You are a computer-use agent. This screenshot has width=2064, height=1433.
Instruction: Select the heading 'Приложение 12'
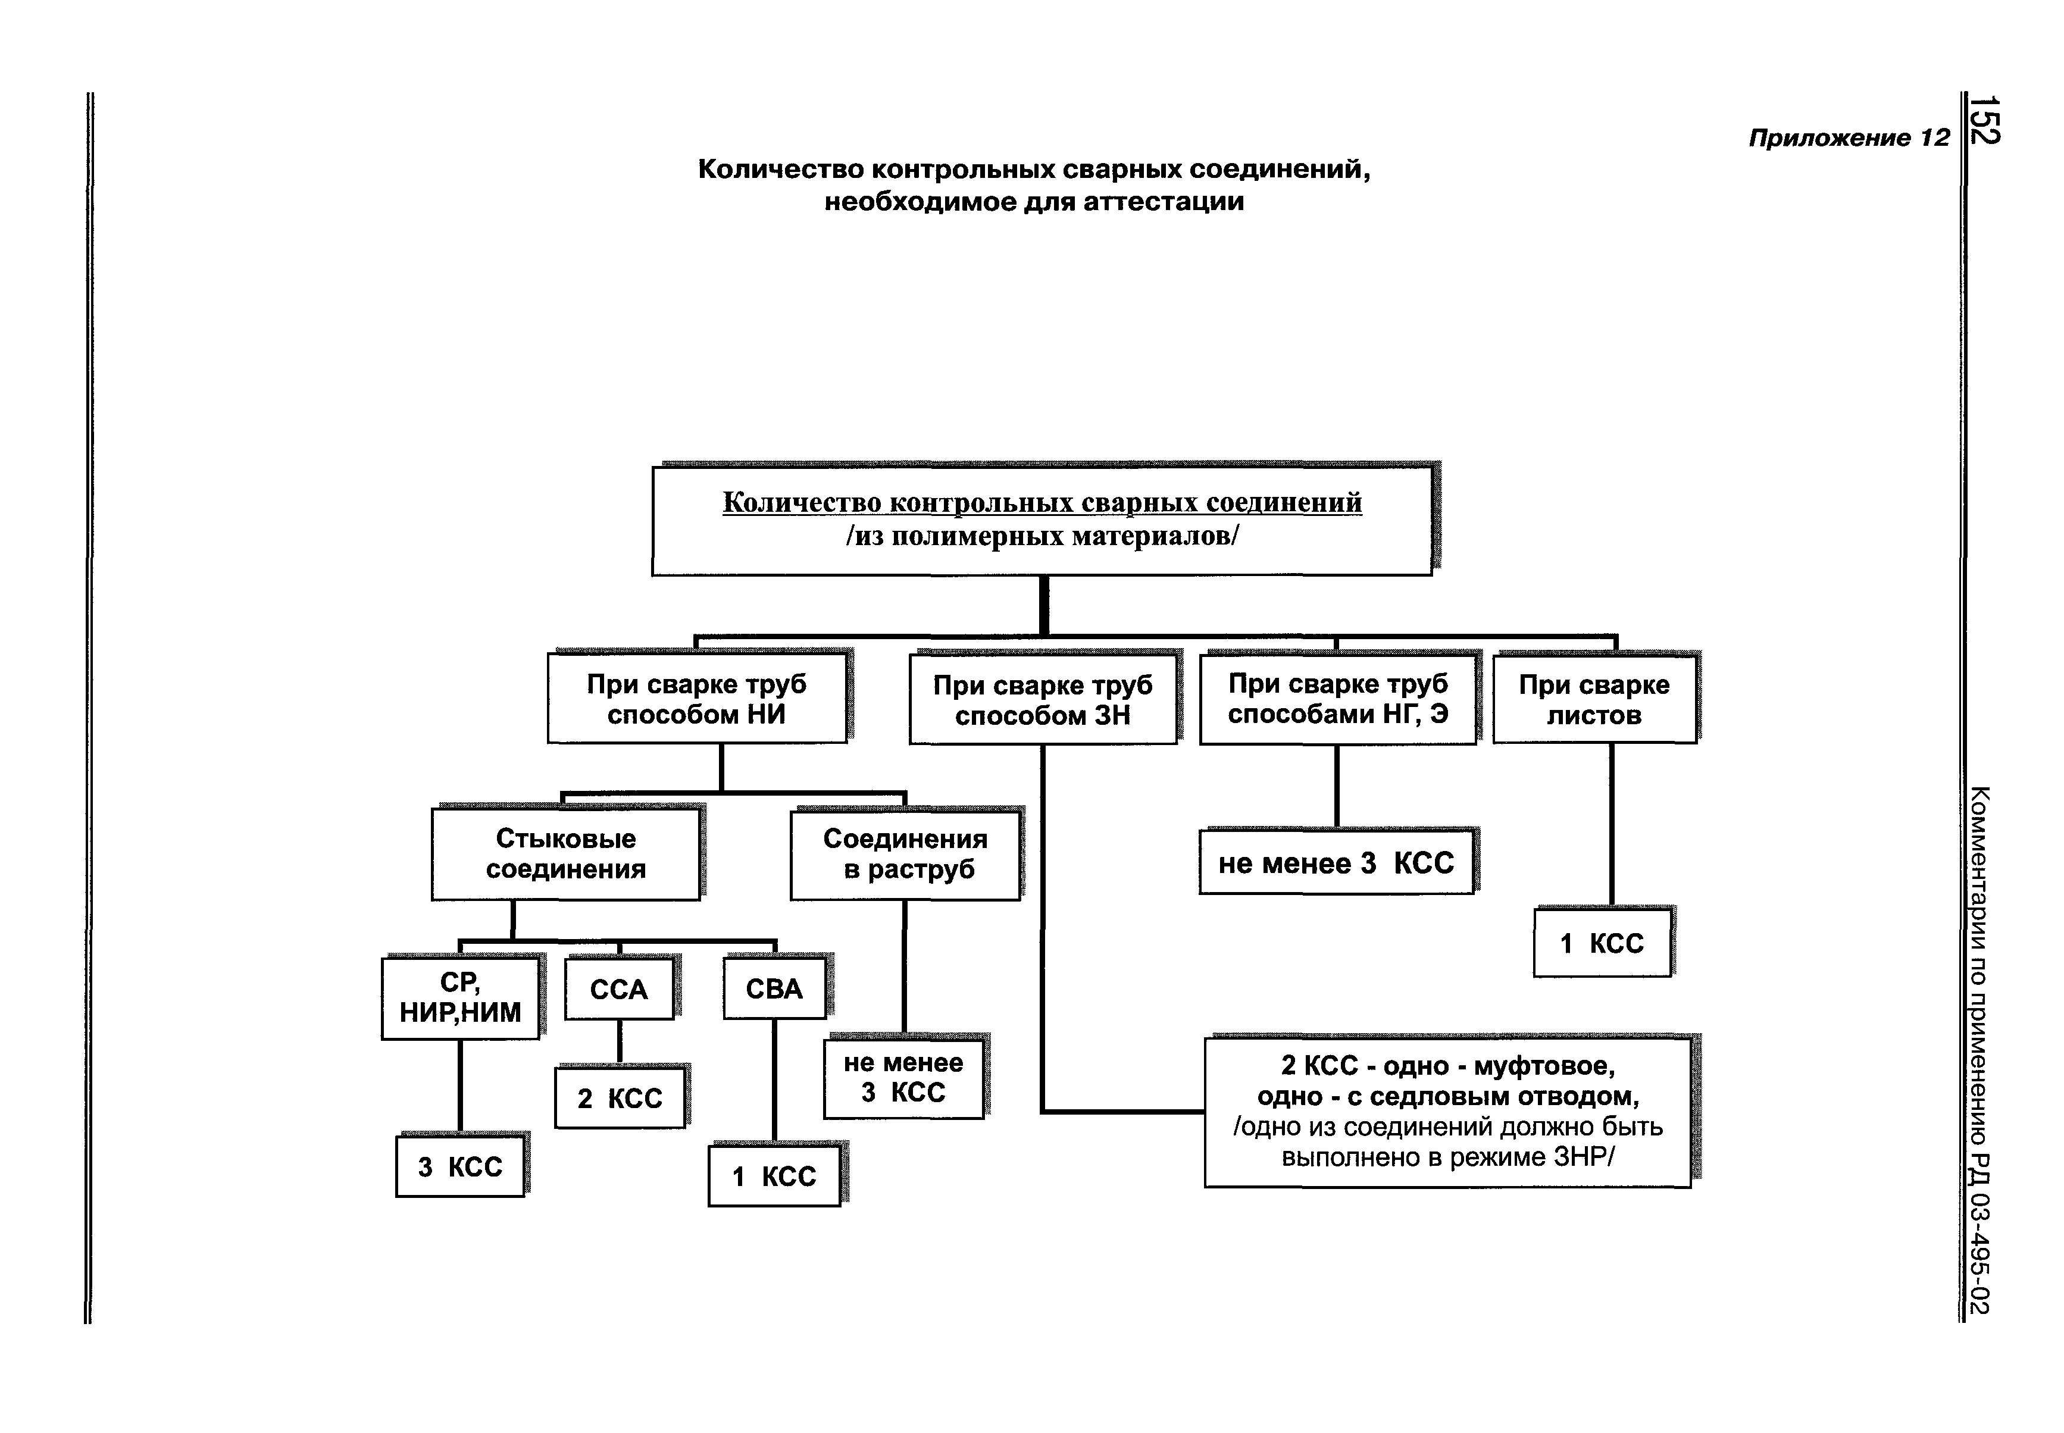[1849, 137]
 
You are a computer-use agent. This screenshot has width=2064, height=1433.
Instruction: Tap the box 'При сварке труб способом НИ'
[697, 699]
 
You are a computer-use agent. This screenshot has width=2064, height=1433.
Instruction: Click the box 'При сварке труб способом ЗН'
[1042, 699]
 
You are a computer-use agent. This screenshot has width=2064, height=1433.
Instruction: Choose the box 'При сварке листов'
[1594, 699]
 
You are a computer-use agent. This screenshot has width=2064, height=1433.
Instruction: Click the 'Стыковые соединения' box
[565, 854]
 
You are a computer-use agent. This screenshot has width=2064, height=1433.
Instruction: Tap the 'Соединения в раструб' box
[905, 854]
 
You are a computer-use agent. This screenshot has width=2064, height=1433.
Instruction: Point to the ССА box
[618, 990]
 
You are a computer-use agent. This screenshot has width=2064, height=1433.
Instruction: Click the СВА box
[774, 988]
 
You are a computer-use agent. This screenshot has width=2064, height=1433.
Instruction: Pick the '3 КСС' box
[459, 1166]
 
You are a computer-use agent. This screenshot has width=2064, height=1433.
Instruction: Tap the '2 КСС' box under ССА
[620, 1097]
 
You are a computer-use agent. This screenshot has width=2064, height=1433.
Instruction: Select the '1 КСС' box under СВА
[774, 1175]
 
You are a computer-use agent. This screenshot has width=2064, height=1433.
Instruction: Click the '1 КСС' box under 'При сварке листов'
[1602, 943]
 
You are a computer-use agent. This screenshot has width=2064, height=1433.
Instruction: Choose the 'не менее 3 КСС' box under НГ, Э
[1336, 863]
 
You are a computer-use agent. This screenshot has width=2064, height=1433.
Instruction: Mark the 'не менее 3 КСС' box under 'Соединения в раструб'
[903, 1078]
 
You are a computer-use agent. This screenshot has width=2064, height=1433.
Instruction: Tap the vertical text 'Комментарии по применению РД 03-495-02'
[1979, 1050]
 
